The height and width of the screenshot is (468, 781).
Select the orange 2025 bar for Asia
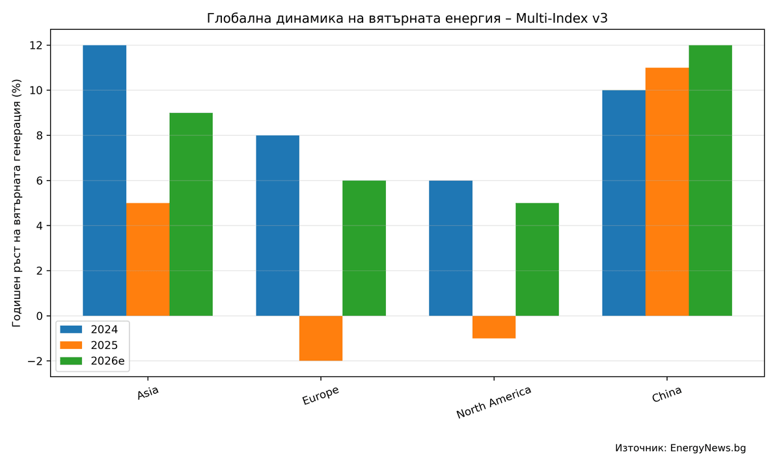click(148, 259)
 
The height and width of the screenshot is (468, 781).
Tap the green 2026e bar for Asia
click(191, 214)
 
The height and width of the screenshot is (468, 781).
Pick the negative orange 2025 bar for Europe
click(321, 338)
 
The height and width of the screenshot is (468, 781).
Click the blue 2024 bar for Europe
click(277, 226)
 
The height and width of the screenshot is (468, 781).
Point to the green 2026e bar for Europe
click(364, 248)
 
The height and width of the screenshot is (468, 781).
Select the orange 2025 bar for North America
click(494, 327)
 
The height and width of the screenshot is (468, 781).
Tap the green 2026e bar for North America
click(537, 259)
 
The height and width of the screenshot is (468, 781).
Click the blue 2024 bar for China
click(623, 203)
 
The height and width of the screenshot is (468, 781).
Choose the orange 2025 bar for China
click(667, 192)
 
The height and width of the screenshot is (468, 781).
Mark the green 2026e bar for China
click(710, 181)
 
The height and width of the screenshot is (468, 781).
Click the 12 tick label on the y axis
click(35, 45)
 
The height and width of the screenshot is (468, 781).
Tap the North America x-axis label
click(493, 402)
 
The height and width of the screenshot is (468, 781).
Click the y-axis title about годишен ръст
click(17, 203)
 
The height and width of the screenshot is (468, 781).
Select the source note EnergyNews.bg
click(680, 448)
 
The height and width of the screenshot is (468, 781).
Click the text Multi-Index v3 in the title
click(562, 18)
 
